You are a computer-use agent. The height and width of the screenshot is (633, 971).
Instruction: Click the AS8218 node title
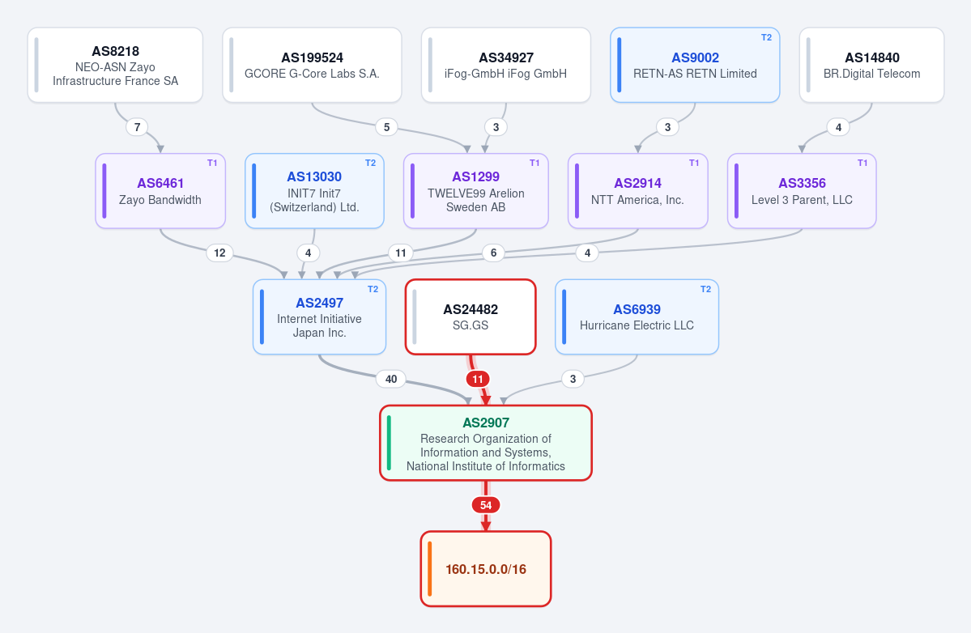click(115, 51)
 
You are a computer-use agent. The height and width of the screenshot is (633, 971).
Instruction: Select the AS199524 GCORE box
click(312, 65)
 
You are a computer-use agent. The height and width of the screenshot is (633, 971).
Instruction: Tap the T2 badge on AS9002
click(766, 38)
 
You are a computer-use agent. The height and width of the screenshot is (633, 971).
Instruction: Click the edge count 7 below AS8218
click(137, 127)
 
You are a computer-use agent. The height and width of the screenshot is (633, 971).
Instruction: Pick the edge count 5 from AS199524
click(386, 127)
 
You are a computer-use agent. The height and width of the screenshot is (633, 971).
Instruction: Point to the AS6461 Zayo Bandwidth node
click(160, 191)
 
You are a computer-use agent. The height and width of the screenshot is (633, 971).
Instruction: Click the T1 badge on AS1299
click(534, 164)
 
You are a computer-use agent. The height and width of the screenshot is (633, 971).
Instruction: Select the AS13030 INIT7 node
click(314, 191)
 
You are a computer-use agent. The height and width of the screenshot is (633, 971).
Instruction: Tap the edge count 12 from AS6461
click(219, 253)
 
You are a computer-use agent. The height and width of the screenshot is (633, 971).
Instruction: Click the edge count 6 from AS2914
click(493, 253)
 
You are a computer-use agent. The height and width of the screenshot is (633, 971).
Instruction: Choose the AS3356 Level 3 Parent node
click(802, 191)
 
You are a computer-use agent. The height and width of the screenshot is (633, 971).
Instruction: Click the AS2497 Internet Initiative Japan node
click(320, 316)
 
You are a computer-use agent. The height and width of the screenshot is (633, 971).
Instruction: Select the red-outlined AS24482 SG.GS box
click(471, 316)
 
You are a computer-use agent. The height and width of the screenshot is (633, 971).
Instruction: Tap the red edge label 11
click(478, 379)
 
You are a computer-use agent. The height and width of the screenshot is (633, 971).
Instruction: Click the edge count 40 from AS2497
click(391, 379)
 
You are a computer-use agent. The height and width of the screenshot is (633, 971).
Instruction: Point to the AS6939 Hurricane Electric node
click(637, 316)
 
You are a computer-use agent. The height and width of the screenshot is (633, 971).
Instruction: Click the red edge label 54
click(486, 505)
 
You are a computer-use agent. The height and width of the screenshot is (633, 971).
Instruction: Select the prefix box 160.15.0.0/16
click(486, 569)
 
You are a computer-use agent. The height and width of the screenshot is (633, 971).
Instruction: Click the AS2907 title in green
click(486, 423)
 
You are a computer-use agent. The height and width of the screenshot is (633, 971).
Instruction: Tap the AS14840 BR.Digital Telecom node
click(872, 65)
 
